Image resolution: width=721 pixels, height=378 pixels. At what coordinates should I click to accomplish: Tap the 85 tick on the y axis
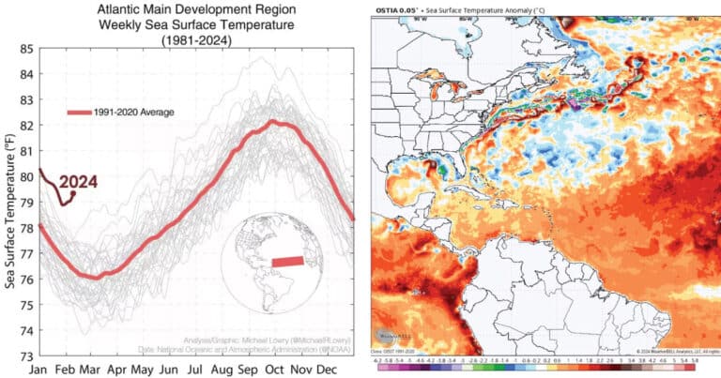[25, 48]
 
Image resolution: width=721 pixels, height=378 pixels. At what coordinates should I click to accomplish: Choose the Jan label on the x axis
[39, 370]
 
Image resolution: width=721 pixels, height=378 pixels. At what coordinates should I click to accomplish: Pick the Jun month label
[168, 370]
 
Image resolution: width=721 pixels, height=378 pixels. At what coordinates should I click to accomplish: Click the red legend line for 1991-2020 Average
[79, 113]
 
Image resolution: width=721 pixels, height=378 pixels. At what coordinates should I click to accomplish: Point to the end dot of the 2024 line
[73, 193]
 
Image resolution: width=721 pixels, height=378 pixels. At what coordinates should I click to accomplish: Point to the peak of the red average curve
[273, 121]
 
